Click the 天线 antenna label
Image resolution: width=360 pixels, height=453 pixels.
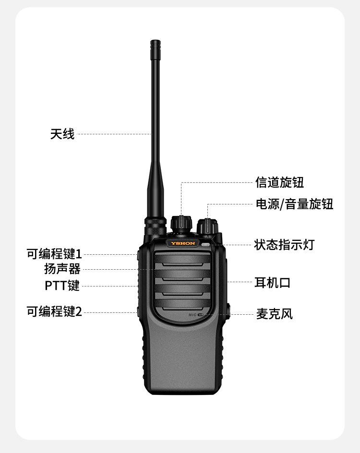[62, 134]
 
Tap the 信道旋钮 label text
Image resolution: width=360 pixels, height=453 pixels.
[280, 182]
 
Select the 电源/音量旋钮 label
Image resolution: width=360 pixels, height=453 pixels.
[294, 204]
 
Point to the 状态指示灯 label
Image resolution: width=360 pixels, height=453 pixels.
[284, 245]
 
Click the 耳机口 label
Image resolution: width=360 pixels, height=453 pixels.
[273, 283]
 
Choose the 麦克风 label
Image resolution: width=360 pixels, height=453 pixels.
[275, 314]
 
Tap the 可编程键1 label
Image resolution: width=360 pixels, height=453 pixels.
[54, 254]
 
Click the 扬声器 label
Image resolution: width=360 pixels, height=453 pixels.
[62, 269]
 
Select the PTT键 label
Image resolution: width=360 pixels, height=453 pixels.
[62, 286]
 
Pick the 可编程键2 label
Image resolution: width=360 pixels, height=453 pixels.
[54, 312]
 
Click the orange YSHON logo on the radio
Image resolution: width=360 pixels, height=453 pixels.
[183, 243]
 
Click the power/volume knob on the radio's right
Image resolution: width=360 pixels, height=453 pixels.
[207, 227]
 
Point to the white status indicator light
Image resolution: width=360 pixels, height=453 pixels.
[205, 245]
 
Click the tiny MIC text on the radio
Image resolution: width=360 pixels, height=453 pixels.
[192, 315]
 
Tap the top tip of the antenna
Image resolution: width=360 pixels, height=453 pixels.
[156, 41]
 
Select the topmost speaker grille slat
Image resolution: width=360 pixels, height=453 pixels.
[182, 258]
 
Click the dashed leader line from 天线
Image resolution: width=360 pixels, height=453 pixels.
[114, 134]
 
